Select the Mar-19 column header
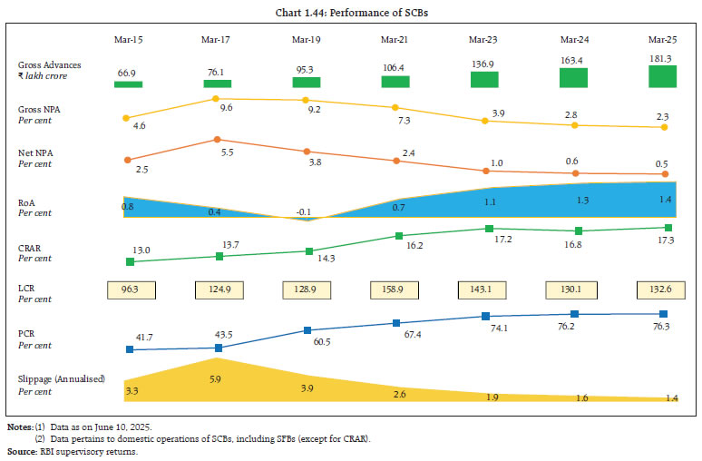[x=307, y=39]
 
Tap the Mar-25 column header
[x=663, y=39]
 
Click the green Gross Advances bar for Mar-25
[x=663, y=75]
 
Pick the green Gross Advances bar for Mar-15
[x=129, y=83]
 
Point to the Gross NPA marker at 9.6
[x=217, y=98]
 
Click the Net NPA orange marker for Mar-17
[x=217, y=140]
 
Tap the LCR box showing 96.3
[x=129, y=290]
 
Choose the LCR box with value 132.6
[x=663, y=290]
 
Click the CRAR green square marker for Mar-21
[x=396, y=236]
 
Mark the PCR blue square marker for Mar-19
[x=307, y=330]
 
